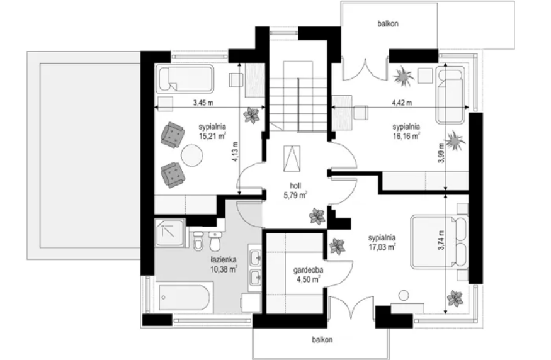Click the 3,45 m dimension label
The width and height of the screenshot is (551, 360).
click(x=203, y=103)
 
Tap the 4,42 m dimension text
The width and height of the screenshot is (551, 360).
click(x=402, y=103)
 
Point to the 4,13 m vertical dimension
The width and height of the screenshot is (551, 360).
click(x=235, y=152)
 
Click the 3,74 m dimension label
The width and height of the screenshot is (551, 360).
click(x=441, y=240)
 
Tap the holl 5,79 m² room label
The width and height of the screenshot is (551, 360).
click(x=295, y=190)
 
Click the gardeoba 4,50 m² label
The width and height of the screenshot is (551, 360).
click(x=308, y=274)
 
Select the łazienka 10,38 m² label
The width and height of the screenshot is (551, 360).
click(x=224, y=264)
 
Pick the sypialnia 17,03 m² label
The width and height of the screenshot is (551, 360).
click(x=382, y=242)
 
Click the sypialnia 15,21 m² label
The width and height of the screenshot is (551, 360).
click(x=212, y=132)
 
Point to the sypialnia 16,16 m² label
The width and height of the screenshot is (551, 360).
click(x=406, y=131)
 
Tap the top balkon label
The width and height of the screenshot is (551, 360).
click(x=388, y=24)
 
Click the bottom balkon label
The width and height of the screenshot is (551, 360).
click(x=322, y=340)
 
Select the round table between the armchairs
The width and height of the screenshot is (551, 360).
click(x=192, y=155)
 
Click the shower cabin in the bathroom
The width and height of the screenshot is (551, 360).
click(x=170, y=232)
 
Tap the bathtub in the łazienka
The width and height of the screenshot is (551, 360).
click(x=184, y=298)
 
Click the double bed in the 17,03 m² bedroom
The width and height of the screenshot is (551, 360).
click(x=440, y=242)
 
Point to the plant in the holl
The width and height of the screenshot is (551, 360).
click(x=317, y=216)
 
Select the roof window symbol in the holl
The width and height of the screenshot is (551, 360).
click(x=292, y=159)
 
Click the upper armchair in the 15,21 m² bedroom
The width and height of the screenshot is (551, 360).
click(x=173, y=134)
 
